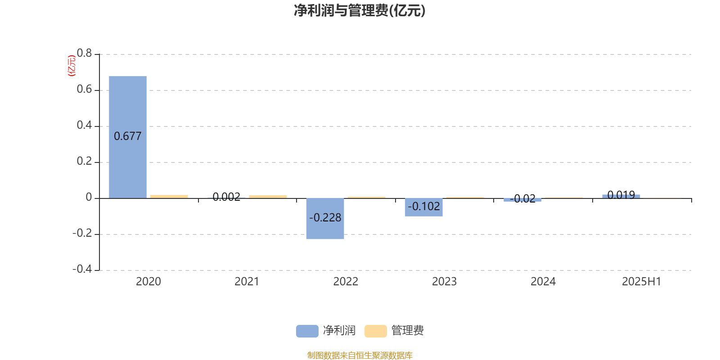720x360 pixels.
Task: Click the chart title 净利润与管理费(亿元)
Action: point(360,11)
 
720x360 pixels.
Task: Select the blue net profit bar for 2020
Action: point(128,137)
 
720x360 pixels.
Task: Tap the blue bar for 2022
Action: point(325,219)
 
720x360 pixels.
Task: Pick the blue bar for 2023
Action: point(423,207)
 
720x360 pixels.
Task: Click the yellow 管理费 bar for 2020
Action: point(169,196)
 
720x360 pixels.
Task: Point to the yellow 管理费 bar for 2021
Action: point(268,197)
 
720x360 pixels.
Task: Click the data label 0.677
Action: point(128,136)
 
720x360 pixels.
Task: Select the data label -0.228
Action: point(325,218)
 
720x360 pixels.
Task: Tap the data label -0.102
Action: point(423,207)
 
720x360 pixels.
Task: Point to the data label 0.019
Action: point(621,195)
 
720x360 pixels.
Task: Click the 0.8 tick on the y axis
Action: point(84,53)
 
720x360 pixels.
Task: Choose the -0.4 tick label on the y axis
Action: point(82,269)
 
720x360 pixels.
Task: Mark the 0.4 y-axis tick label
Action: point(84,125)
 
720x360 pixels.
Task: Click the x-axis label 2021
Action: point(247,282)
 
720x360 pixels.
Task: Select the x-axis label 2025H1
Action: point(642,282)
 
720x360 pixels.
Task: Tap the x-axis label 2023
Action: point(444,282)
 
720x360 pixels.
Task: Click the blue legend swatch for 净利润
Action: point(307,331)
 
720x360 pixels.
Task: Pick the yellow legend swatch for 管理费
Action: point(375,331)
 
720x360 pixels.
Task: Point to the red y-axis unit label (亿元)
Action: point(72,66)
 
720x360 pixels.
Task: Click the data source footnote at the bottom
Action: point(360,355)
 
